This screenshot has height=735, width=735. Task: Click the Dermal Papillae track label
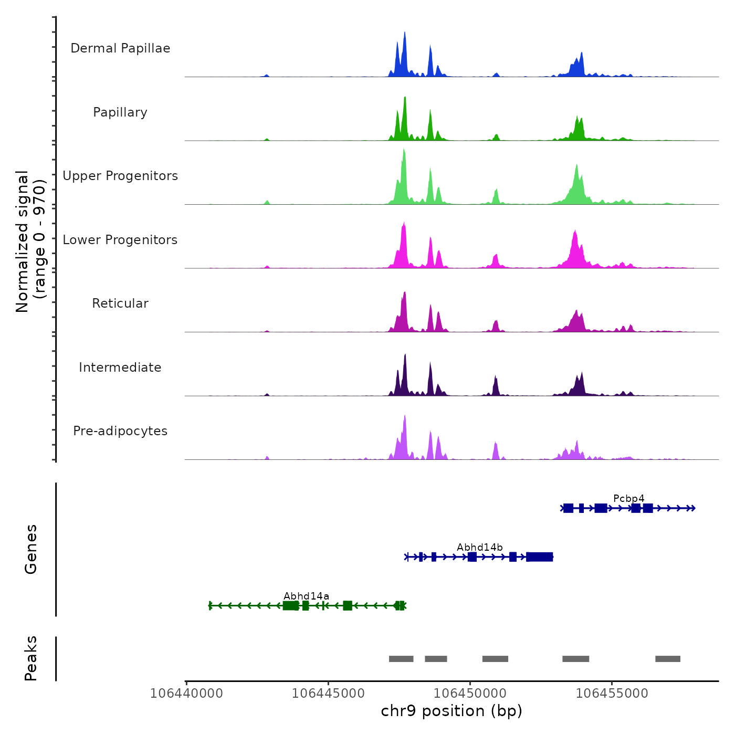click(120, 48)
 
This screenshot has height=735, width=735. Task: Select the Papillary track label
click(120, 112)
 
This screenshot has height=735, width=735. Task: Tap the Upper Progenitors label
click(120, 176)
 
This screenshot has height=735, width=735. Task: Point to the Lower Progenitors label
click(120, 240)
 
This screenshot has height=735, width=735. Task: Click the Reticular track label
click(120, 303)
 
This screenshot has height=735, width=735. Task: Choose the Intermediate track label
click(120, 367)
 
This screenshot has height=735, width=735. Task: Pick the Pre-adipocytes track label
click(120, 431)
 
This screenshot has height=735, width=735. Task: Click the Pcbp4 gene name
click(628, 498)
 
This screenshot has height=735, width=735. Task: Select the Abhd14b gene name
click(479, 548)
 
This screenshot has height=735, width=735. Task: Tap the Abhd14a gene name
click(306, 596)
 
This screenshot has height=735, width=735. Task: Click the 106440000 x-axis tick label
click(186, 694)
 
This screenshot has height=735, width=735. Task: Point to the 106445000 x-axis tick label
click(328, 694)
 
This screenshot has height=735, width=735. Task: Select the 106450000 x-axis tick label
click(470, 694)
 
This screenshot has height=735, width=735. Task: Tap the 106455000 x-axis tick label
click(612, 694)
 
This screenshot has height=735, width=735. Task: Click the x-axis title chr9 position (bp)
click(451, 711)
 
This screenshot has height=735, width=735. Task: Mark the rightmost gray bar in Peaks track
click(667, 659)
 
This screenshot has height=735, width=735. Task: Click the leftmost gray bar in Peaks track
click(401, 659)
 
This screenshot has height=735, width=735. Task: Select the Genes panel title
click(31, 549)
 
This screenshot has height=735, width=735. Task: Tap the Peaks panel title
click(31, 658)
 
